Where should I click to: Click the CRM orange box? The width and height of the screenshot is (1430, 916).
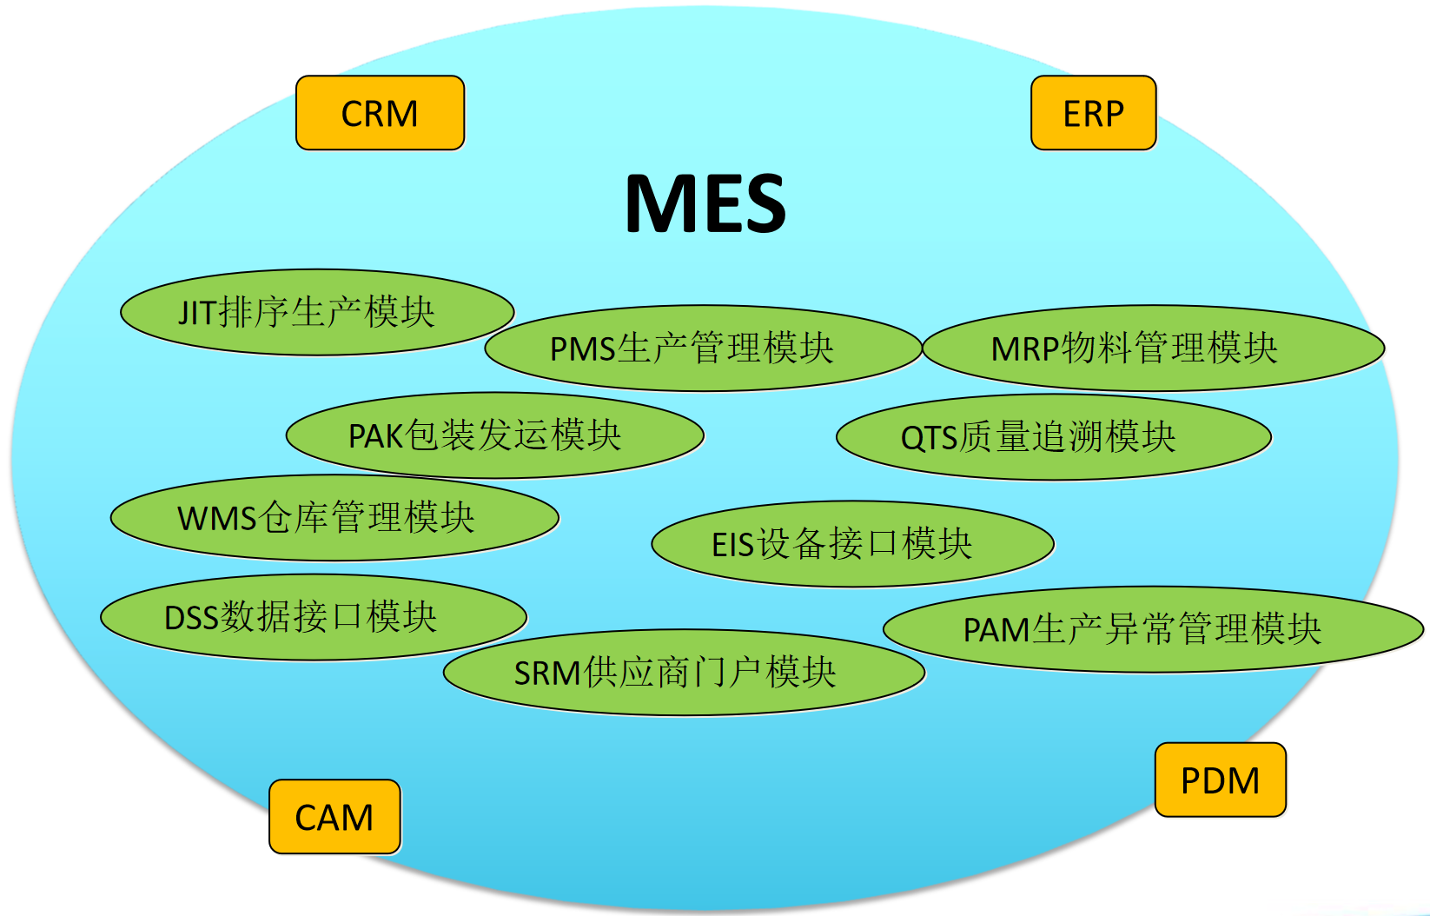coord(380,113)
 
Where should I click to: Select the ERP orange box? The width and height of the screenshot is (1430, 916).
coord(1093,113)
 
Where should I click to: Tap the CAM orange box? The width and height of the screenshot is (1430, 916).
coord(334,816)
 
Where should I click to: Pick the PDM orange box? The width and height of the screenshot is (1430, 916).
coord(1220,780)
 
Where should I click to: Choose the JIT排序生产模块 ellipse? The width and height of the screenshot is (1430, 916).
coord(317,312)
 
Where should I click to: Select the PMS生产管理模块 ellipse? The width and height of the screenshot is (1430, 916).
coord(702,348)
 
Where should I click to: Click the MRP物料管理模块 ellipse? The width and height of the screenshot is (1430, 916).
coord(1153,348)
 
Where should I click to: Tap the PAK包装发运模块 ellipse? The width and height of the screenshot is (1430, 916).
coord(494,435)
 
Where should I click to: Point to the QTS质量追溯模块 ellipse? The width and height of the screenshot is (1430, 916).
coord(1053,437)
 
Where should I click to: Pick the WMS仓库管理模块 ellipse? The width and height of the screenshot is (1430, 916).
coord(334,518)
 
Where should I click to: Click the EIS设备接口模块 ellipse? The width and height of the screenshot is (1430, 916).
coord(852,544)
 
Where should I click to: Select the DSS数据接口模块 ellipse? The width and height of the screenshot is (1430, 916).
coord(314,617)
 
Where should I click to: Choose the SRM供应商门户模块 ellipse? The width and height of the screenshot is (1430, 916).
coord(684,673)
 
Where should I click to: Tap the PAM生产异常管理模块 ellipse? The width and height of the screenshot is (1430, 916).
coord(1153,629)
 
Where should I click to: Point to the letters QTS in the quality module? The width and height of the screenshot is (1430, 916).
coord(929,438)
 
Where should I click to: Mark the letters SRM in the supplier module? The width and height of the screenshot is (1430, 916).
coord(547,674)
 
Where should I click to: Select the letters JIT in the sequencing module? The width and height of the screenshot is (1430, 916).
coord(196,313)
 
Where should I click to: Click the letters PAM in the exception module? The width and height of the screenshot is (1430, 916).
coord(996,630)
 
